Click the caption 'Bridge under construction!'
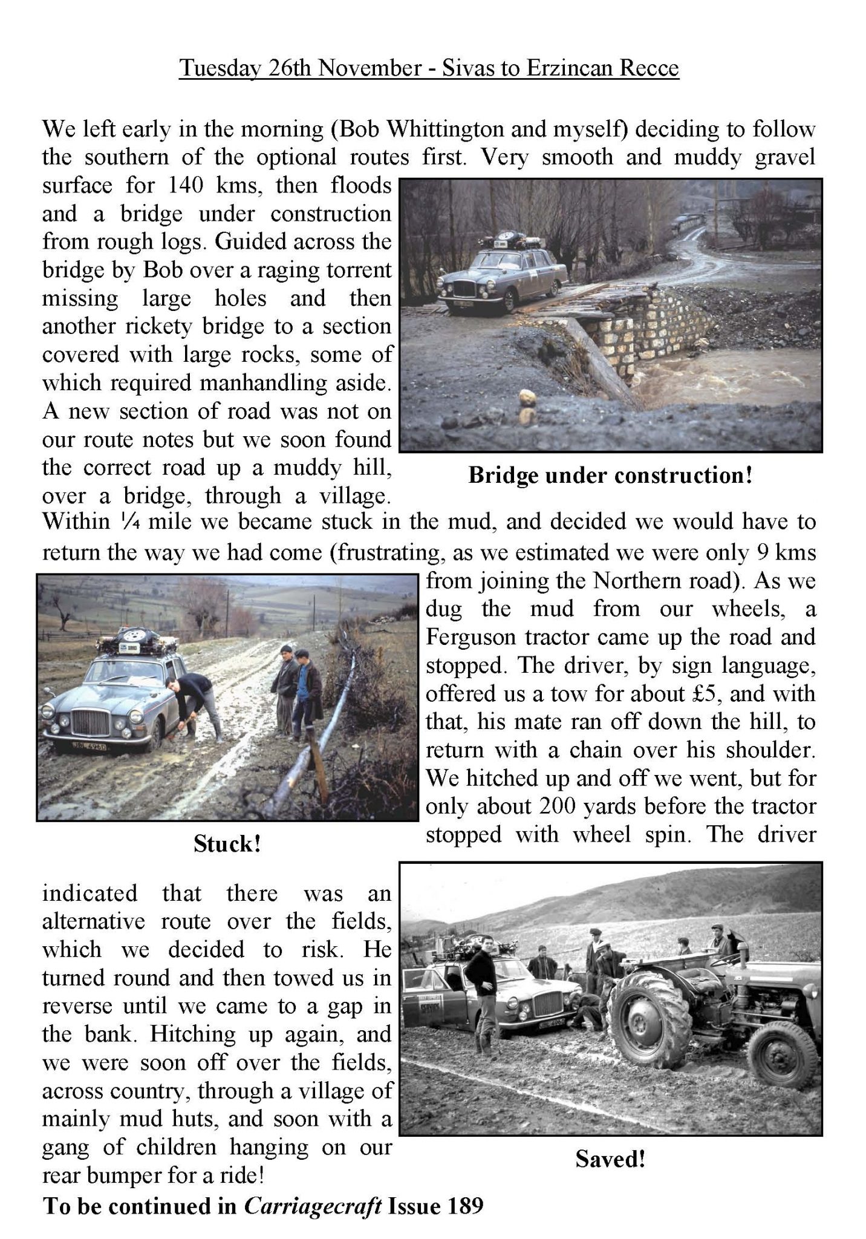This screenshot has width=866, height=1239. [610, 476]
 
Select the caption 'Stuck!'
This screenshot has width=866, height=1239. [227, 844]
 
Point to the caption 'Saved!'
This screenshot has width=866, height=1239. [610, 1159]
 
